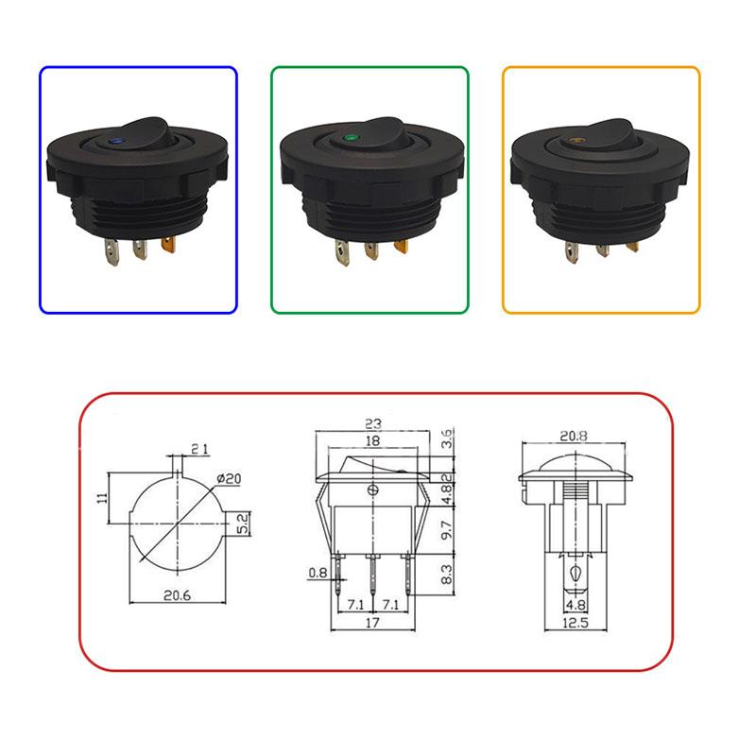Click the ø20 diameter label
pyautogui.click(x=230, y=479)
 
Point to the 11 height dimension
pyautogui.click(x=101, y=499)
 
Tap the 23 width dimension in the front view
pyautogui.click(x=373, y=425)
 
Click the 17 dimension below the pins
pyautogui.click(x=374, y=624)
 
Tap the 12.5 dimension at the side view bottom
pyautogui.click(x=574, y=624)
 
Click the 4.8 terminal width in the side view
pyautogui.click(x=574, y=604)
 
